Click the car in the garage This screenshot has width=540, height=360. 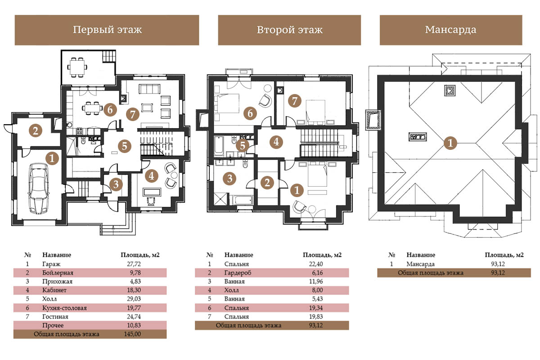pos(39,188)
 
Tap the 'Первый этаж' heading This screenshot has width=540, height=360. pos(107,30)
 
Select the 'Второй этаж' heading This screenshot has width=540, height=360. pos(289,30)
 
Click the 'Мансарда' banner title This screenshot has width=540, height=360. pos(450,30)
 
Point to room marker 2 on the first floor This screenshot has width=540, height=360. pos(36,130)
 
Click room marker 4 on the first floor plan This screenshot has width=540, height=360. pos(151,176)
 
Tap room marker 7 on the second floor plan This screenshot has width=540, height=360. pos(295,101)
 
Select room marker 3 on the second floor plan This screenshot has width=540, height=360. pos(229,179)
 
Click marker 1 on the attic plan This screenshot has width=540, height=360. pos(450,143)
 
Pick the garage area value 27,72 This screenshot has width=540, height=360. pos(134,264)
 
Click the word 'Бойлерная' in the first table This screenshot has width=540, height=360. pos(58,273)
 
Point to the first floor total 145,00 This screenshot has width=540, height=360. pos(132,334)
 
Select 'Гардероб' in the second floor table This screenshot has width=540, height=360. pos(238,273)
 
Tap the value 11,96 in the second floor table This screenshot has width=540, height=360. pos(316,281)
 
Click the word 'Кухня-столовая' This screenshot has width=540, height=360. pos(64,308)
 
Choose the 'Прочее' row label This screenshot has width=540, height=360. pos(53,325)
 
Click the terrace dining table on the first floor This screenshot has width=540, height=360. pos(77,67)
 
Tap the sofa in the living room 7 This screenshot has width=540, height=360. pos(149,89)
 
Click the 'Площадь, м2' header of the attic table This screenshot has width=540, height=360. pos(504,255)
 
